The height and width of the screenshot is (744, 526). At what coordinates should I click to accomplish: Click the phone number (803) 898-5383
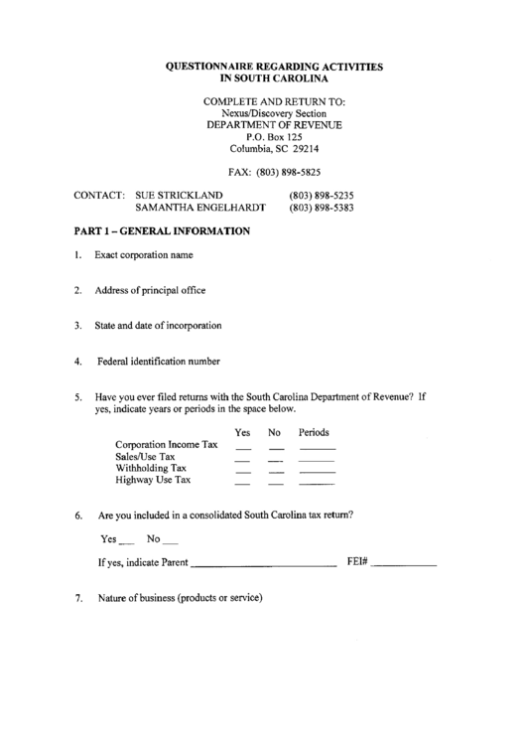(x=322, y=210)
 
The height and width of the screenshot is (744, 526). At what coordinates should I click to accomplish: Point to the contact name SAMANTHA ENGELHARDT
(x=200, y=210)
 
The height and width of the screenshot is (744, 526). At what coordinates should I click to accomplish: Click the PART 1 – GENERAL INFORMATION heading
(x=162, y=231)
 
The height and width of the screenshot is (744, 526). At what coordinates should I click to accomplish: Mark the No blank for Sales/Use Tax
(x=276, y=461)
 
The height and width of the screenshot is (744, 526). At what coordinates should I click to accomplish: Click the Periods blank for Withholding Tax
(x=317, y=472)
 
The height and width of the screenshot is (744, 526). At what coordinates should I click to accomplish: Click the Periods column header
(x=314, y=433)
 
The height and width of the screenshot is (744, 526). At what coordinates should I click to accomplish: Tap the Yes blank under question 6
(x=126, y=542)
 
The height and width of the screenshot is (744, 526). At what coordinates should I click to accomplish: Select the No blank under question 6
(x=170, y=542)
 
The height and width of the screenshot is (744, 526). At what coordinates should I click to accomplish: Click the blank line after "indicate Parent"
(x=262, y=564)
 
